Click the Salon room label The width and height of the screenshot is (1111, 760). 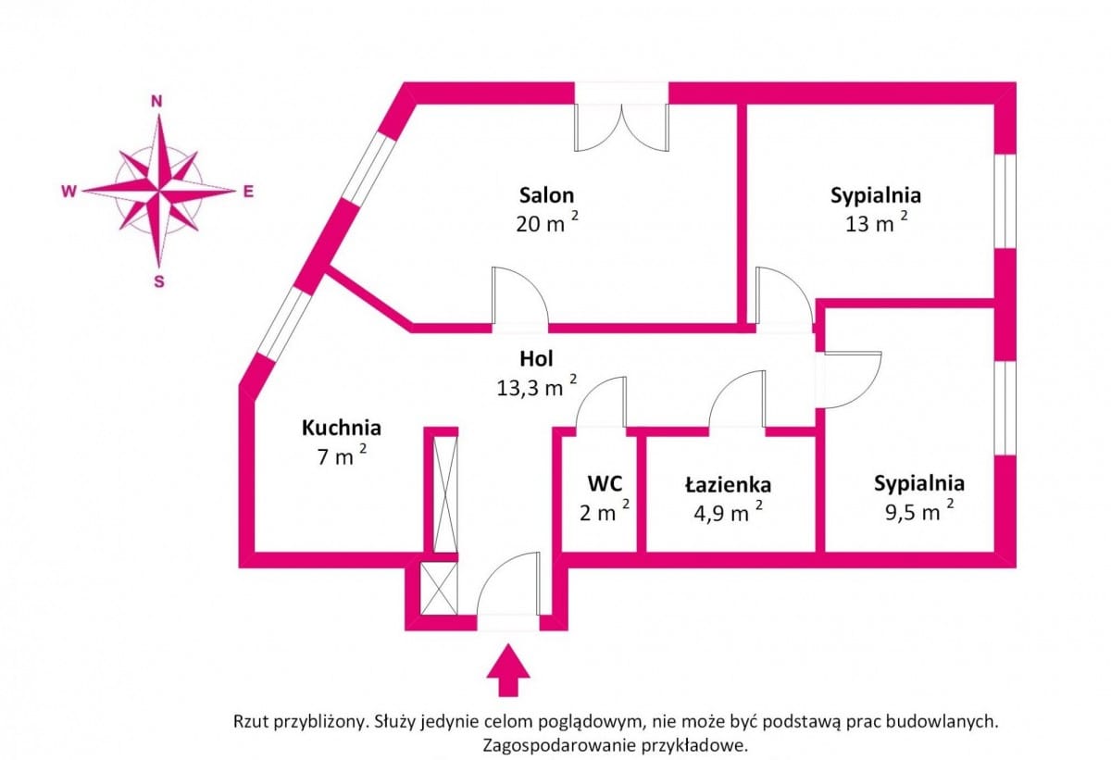coord(546,195)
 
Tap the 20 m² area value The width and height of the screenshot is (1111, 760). coord(547,222)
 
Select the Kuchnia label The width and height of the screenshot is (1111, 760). coord(342,428)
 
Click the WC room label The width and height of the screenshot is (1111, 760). coord(605,483)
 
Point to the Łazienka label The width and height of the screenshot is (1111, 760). coord(728,485)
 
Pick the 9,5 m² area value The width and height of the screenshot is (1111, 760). coord(919,511)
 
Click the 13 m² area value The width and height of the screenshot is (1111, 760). coord(877,222)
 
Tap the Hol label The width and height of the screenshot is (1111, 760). coord(536,358)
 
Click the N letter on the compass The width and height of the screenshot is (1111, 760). coord(156,102)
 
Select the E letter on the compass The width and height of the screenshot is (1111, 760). coord(248,192)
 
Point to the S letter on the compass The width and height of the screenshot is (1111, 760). coord(158,281)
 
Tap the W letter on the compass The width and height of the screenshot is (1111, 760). coord(69,192)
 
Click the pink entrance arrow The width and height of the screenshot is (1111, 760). coord(508,670)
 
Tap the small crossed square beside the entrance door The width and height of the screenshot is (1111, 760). coord(439,589)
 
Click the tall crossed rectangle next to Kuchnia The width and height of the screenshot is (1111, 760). coord(445,494)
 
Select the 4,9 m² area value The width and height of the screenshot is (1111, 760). coord(728,512)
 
